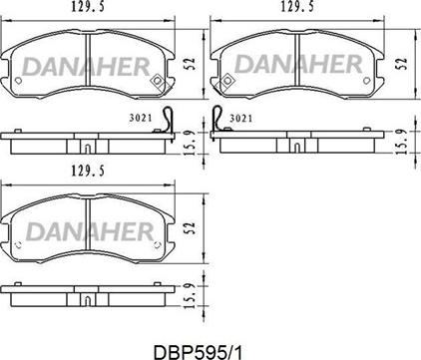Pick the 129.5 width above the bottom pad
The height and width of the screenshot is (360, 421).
coord(86,172)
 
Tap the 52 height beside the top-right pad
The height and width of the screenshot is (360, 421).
coord(402,62)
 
